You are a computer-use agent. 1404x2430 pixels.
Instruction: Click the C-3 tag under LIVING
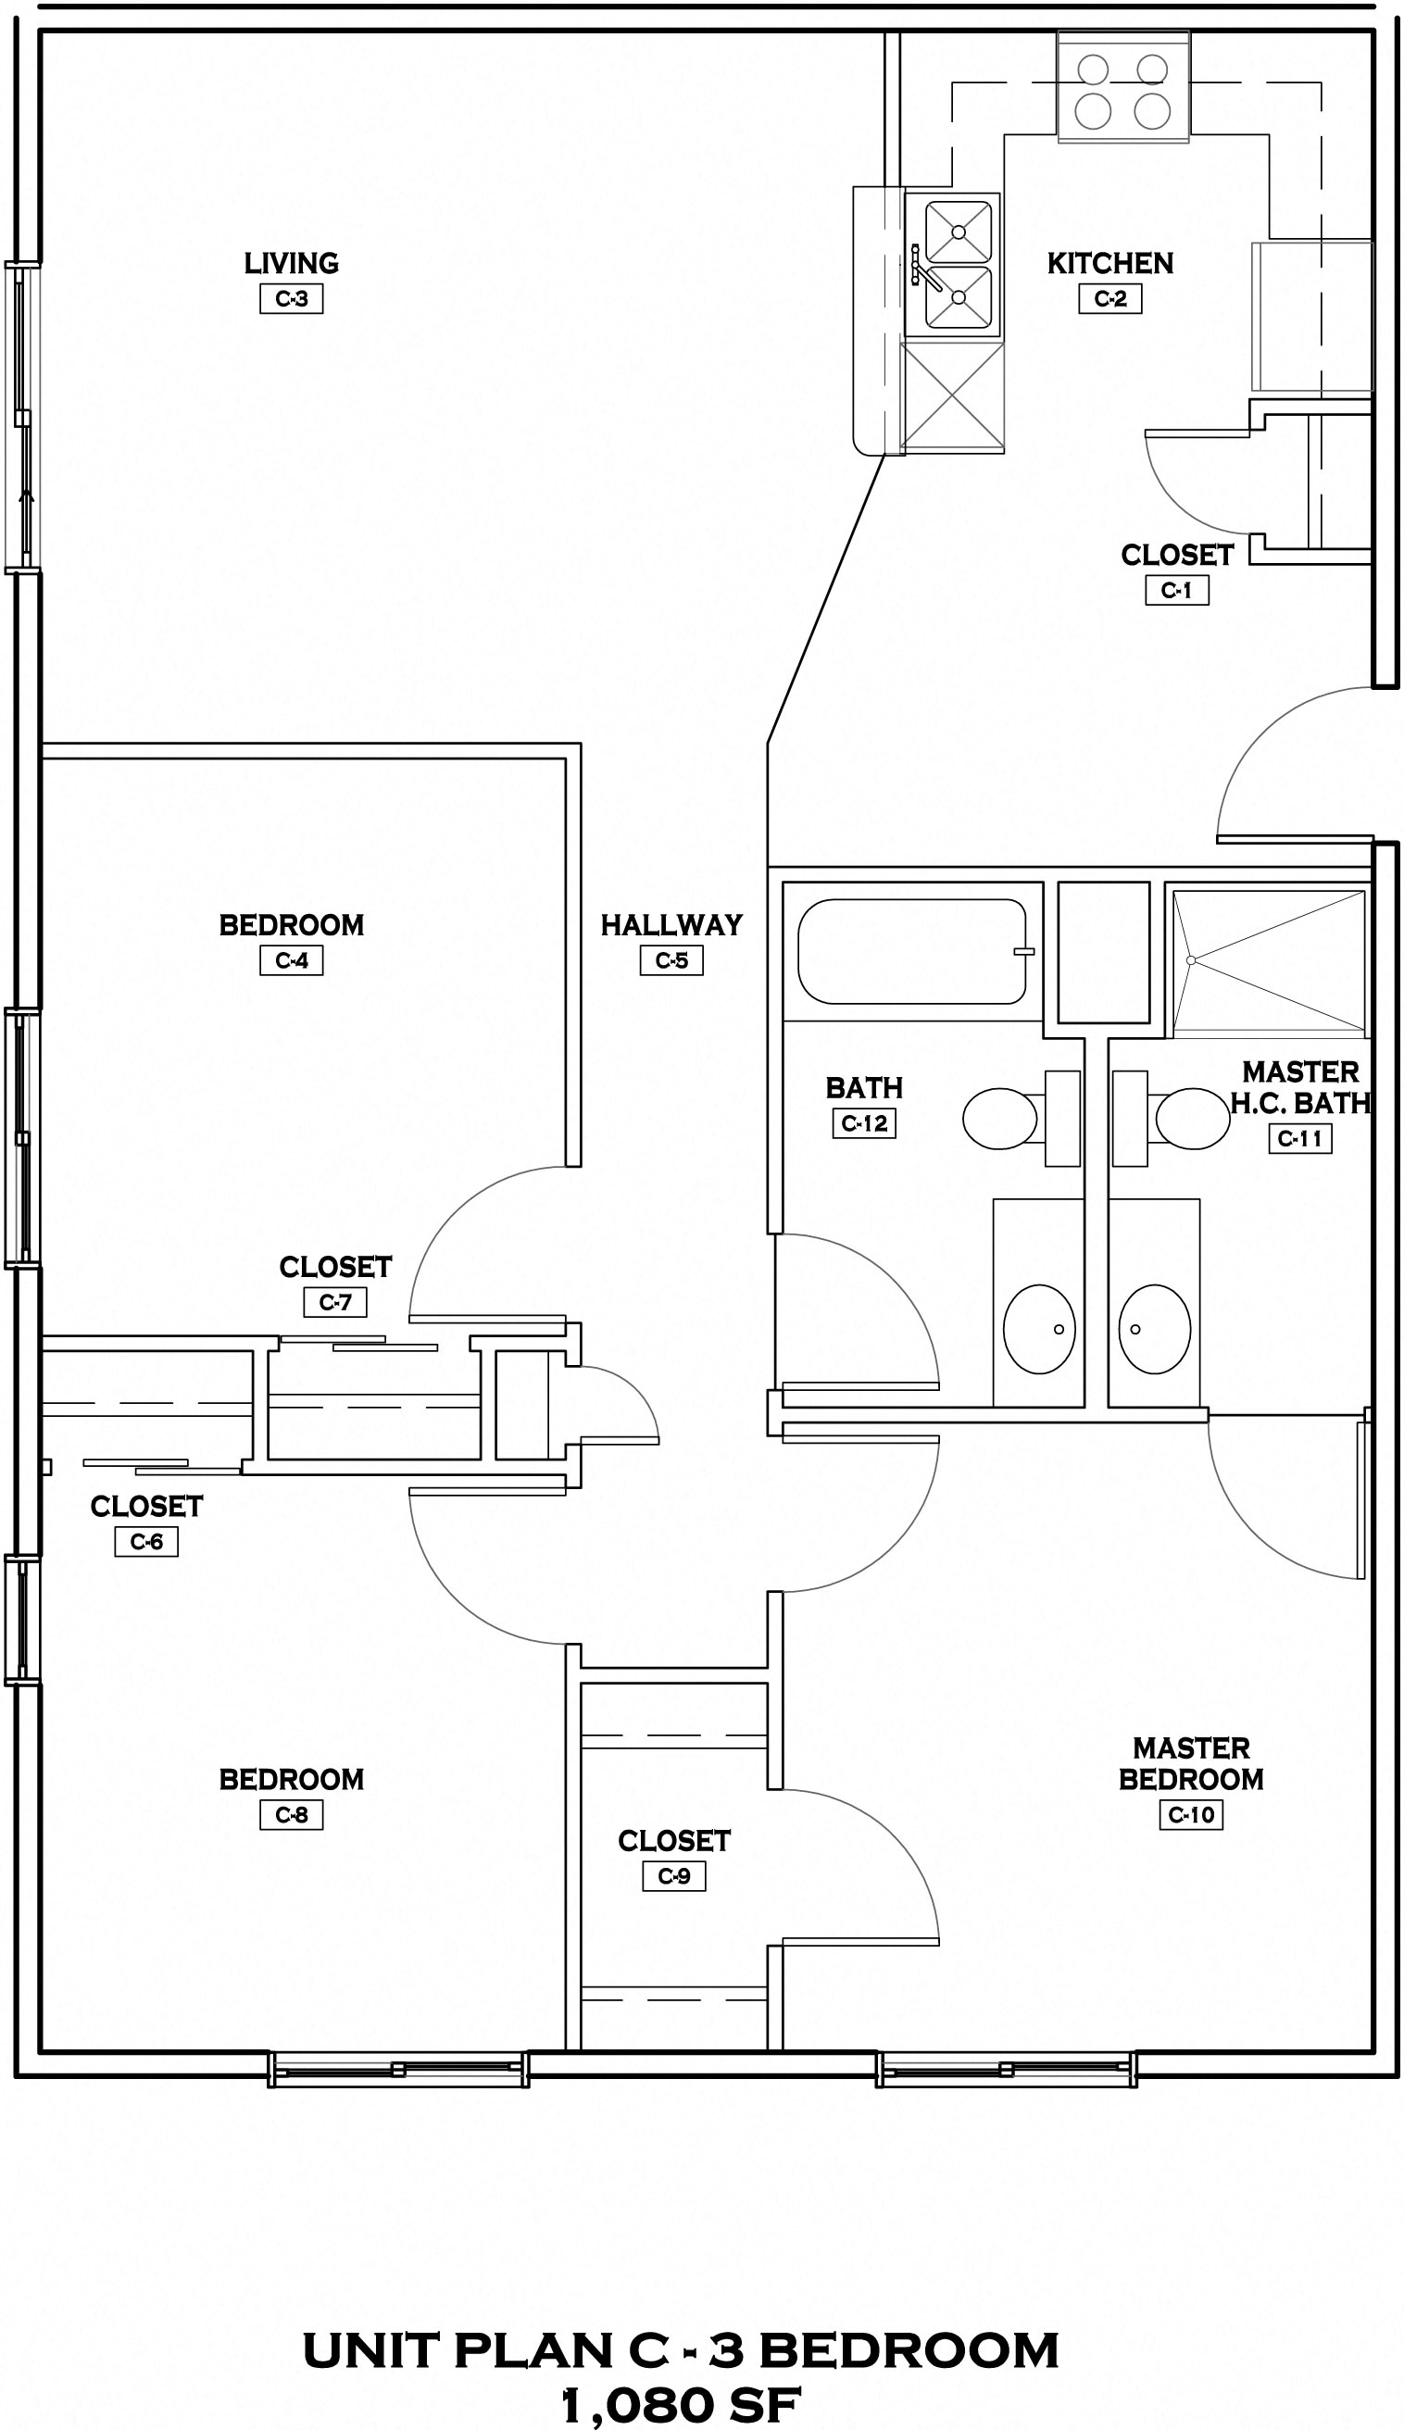(291, 299)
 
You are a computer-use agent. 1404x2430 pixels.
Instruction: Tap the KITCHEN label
(1109, 263)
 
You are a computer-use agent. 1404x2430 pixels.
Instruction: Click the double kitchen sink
(958, 264)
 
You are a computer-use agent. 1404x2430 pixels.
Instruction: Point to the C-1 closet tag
(1176, 591)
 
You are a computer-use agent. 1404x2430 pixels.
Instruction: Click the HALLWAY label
(671, 925)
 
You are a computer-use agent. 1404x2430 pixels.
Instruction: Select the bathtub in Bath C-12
(911, 951)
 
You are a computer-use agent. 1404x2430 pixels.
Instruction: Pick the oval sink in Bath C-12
(1038, 1328)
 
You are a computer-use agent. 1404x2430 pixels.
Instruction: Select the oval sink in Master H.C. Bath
(1154, 1328)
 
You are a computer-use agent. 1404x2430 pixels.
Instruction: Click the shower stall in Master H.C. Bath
(1269, 961)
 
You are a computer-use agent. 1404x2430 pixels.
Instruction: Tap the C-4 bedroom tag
(291, 961)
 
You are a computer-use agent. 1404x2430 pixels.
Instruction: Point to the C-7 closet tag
(335, 1302)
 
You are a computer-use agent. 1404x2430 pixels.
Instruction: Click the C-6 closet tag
(146, 1541)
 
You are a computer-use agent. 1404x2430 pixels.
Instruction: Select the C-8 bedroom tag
(291, 1815)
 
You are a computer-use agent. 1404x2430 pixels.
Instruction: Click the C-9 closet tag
(674, 1876)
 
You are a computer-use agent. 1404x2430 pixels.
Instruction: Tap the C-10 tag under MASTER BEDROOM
(1191, 1815)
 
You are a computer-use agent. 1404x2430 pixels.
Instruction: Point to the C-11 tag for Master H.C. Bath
(1300, 1138)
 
